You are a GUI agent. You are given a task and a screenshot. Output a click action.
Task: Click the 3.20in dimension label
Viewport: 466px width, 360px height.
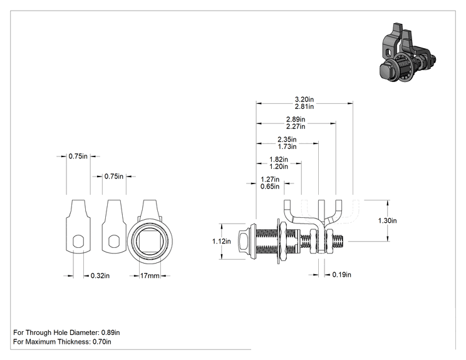click(304, 99)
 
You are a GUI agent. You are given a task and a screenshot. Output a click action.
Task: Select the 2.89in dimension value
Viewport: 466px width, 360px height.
click(296, 119)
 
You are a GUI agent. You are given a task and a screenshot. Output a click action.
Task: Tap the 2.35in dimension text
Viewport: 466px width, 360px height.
click(287, 140)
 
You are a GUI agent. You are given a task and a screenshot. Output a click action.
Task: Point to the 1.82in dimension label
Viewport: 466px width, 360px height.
click(279, 159)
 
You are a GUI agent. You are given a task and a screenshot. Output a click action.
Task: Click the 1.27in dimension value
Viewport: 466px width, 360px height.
click(270, 180)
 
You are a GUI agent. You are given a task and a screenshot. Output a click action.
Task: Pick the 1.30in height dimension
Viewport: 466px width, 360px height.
click(387, 220)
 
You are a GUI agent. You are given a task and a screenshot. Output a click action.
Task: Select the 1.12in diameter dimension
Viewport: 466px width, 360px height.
click(221, 241)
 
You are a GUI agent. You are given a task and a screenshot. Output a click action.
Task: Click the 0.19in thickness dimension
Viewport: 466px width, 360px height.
click(341, 275)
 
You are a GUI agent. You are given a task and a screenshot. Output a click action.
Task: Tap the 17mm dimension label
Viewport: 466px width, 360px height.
click(150, 275)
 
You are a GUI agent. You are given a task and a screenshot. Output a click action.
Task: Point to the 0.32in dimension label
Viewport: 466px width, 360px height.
click(100, 275)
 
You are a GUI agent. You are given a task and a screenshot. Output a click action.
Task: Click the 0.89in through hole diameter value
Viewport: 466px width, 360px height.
click(111, 332)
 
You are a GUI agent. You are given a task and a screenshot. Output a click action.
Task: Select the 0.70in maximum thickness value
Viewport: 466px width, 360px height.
click(102, 342)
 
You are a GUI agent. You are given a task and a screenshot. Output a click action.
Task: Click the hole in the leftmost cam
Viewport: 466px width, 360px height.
click(78, 241)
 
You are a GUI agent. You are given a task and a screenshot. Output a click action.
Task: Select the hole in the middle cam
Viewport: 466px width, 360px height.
click(114, 241)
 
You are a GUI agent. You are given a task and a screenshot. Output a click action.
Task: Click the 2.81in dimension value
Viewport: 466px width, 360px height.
click(304, 106)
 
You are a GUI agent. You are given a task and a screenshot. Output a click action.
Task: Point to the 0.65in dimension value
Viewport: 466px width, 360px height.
click(270, 187)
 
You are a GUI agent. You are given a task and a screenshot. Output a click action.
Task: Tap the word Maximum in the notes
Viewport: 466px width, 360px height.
click(41, 342)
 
